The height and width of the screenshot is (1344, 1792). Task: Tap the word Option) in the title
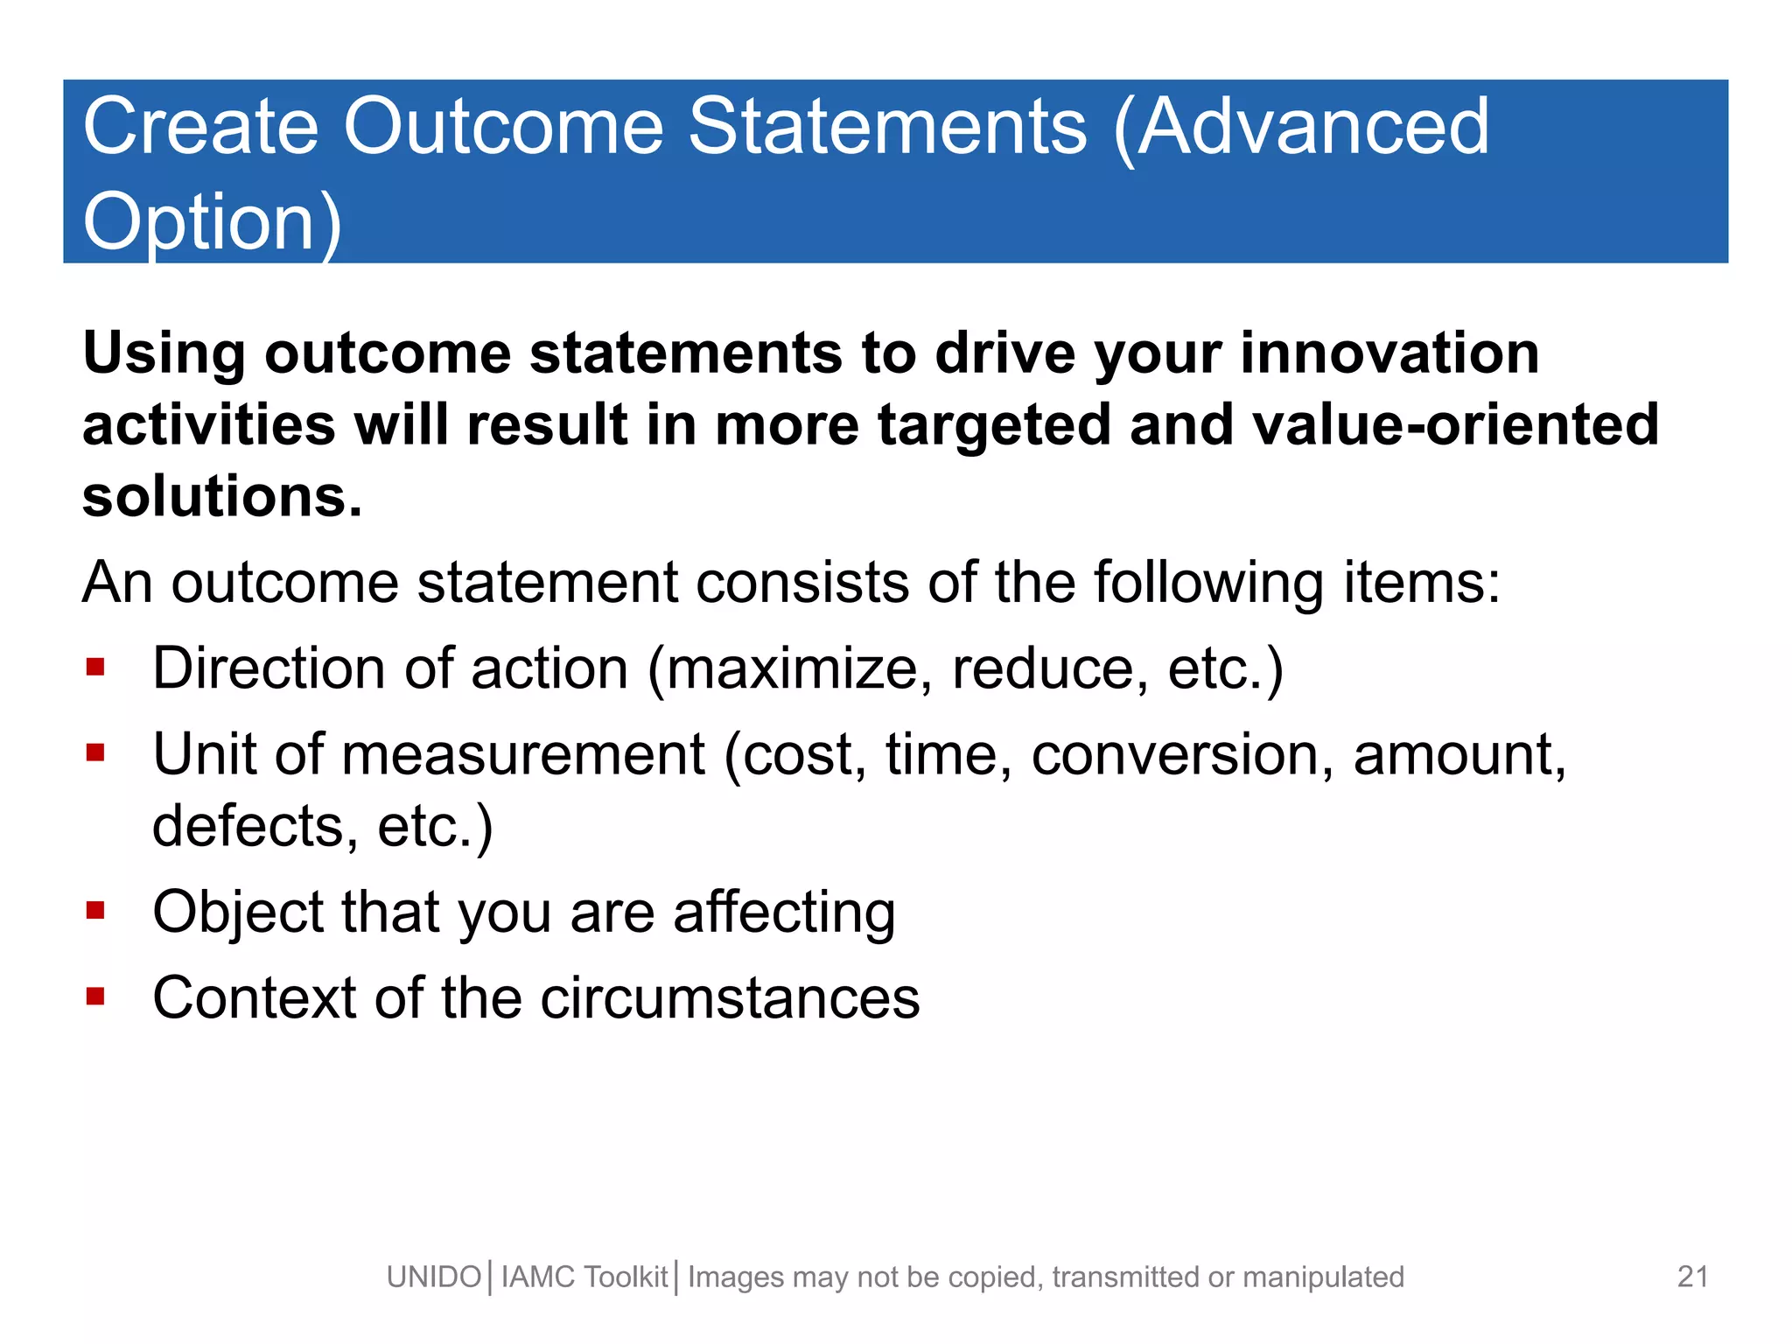click(212, 222)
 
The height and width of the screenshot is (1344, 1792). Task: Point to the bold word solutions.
click(221, 497)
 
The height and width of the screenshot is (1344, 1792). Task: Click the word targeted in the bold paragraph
click(993, 425)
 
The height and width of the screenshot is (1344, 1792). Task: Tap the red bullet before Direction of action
click(96, 668)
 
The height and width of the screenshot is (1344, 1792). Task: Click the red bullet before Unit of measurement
click(96, 753)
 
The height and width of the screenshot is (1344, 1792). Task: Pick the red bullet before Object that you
click(96, 911)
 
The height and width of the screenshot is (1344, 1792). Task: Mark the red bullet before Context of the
click(96, 997)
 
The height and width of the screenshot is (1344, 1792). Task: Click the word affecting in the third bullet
click(784, 913)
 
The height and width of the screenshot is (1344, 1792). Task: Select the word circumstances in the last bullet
click(730, 998)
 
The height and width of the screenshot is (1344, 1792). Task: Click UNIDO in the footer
click(434, 1277)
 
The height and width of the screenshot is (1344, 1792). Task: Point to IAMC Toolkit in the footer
click(584, 1277)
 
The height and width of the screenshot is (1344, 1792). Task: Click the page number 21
click(1692, 1277)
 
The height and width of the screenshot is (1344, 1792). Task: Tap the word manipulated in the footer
click(1323, 1277)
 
